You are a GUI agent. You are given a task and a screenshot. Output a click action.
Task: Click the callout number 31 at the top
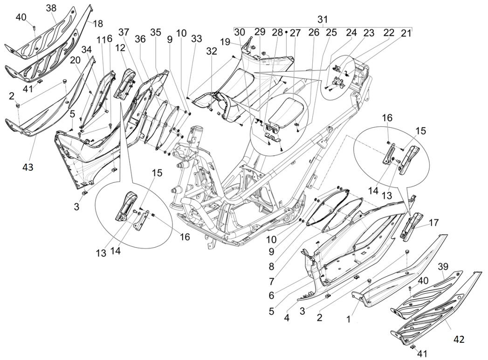pos(323,19)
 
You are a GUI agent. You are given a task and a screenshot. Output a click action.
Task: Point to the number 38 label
pos(51,7)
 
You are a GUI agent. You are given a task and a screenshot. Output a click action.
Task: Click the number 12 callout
pos(120,48)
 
